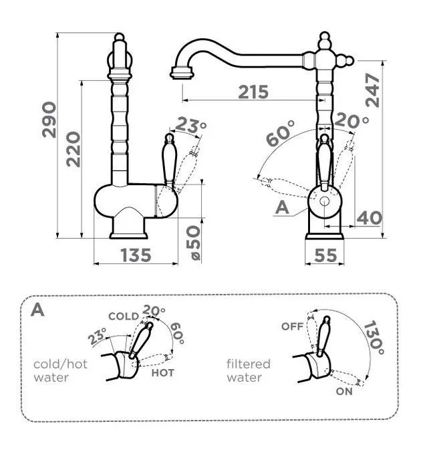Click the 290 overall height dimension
point(49,120)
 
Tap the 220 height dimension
point(73,148)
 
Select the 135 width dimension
point(136,255)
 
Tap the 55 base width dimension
point(325,255)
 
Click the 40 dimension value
point(369,217)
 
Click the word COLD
point(123,316)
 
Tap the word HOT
point(163,372)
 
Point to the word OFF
point(292,326)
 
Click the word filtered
point(248,364)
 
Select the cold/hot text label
point(61,364)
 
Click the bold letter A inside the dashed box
point(38,311)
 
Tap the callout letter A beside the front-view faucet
point(282,208)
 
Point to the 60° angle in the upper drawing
point(281,136)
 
